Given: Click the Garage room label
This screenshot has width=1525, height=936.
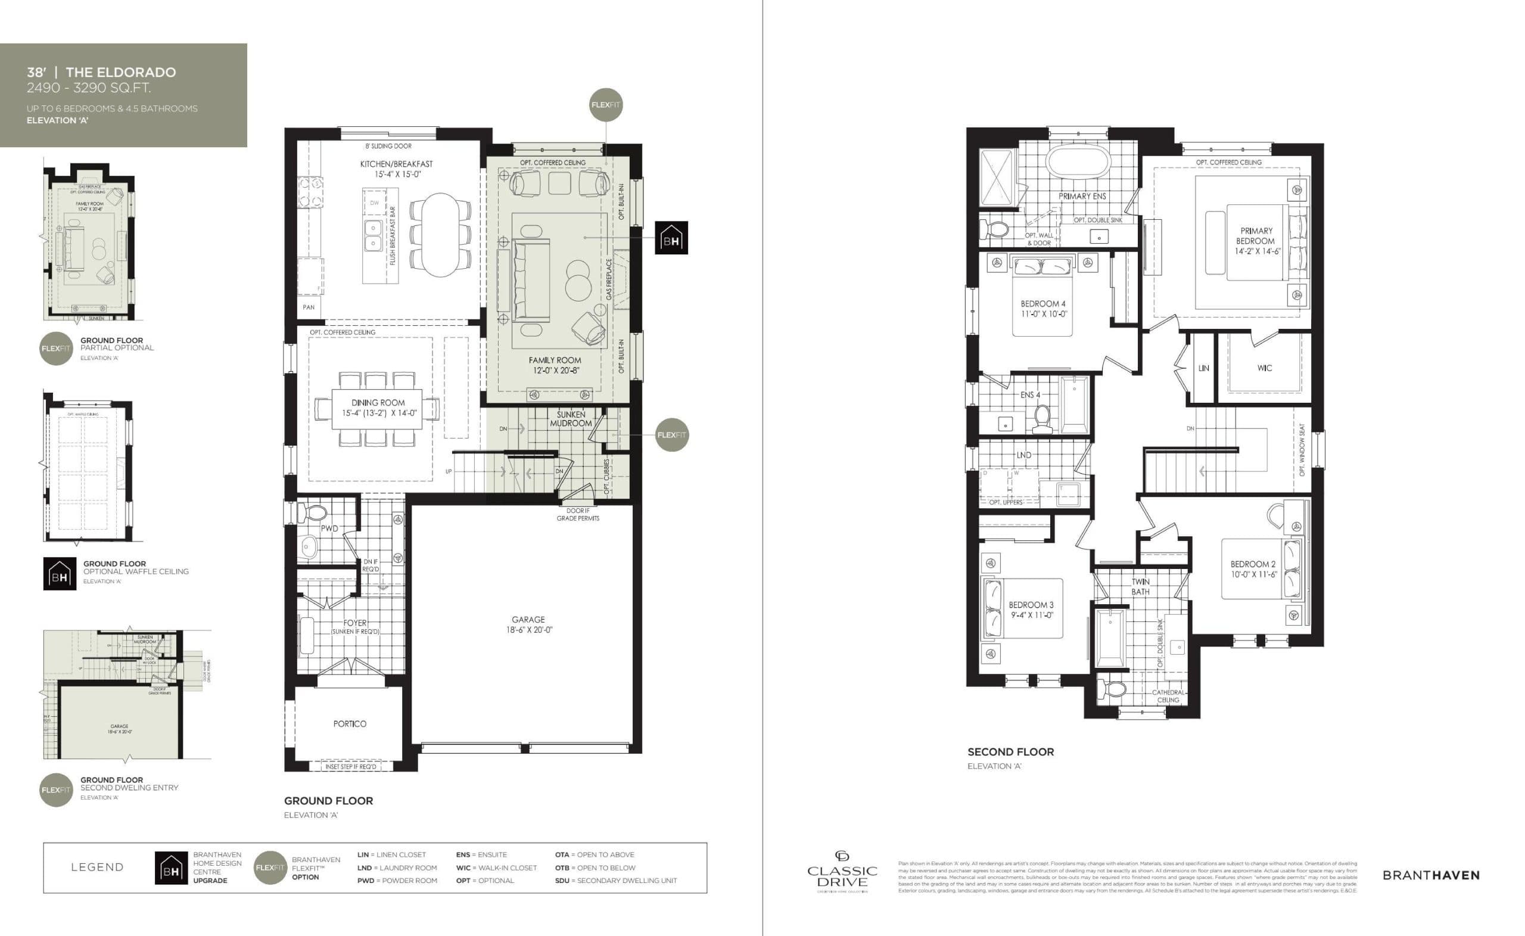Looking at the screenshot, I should tap(528, 619).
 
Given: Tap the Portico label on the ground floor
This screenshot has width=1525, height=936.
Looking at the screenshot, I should tap(350, 724).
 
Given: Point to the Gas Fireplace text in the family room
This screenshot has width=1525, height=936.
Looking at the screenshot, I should tap(609, 280).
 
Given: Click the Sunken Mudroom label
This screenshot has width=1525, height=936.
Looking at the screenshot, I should tap(571, 419).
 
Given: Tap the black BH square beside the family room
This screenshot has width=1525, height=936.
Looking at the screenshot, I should tap(671, 238).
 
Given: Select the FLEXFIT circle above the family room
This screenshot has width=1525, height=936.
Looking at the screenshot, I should tap(605, 105).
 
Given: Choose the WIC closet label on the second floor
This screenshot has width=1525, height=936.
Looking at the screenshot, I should tap(1265, 368).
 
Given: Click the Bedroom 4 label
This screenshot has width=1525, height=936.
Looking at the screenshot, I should tap(1043, 304).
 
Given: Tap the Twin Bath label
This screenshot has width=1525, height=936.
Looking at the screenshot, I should tap(1140, 586).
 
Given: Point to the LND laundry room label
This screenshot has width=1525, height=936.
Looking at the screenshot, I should tap(1023, 455).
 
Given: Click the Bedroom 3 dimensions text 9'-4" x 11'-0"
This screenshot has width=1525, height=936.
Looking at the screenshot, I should tap(1032, 615).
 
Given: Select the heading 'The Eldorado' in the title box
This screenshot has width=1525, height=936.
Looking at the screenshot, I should tap(121, 73).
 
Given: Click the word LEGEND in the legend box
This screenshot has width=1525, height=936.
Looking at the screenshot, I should tap(97, 867).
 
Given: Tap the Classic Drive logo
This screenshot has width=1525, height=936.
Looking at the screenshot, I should tap(842, 872).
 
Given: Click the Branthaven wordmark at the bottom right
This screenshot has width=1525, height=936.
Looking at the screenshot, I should tap(1431, 875).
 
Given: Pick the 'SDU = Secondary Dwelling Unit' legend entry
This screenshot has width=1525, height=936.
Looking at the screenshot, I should tap(616, 880).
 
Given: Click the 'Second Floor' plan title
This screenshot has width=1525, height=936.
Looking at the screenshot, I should tap(1010, 752).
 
